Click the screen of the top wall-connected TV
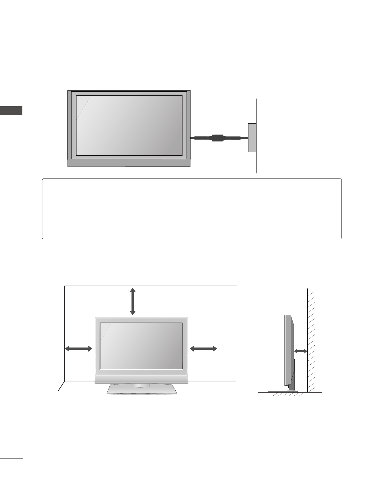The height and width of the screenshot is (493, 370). [129, 125]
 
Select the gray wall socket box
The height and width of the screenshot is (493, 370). [252, 138]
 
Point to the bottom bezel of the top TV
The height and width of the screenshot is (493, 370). [129, 163]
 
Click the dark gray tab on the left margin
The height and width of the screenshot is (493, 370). [11, 111]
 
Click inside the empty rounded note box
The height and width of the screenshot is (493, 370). [192, 209]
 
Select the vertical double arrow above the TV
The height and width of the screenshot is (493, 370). [133, 301]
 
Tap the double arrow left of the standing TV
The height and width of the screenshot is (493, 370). [79, 349]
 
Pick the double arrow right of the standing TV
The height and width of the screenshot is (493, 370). [203, 349]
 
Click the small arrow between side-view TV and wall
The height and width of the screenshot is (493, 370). [301, 351]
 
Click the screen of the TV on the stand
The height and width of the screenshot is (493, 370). [141, 346]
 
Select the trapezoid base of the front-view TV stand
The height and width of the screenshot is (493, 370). [142, 390]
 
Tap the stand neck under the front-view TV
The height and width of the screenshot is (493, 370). [141, 385]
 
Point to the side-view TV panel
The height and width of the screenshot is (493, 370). [288, 350]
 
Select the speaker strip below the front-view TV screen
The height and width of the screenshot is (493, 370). [141, 379]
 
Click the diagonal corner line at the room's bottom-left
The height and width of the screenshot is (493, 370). [61, 386]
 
